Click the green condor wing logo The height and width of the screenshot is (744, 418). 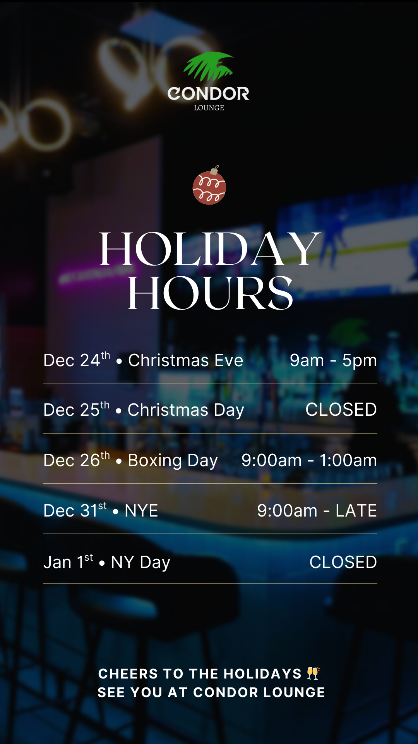click(x=208, y=66)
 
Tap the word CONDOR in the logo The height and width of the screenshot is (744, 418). click(x=208, y=94)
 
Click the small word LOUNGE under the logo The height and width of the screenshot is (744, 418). click(x=209, y=108)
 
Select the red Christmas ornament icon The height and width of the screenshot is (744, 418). click(x=209, y=188)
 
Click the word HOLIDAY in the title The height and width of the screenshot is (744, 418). click(x=209, y=249)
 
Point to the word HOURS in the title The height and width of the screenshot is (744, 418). click(x=210, y=293)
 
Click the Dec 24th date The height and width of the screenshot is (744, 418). click(x=76, y=360)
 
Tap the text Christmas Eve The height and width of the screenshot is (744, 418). click(x=185, y=360)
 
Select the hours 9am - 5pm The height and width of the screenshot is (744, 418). click(x=333, y=360)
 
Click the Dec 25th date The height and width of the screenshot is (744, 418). click(x=76, y=410)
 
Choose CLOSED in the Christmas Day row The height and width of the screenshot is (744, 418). click(x=341, y=410)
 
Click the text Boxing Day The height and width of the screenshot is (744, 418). click(x=173, y=460)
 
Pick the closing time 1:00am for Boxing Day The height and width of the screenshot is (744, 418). click(x=348, y=460)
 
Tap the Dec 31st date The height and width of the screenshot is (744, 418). click(x=75, y=510)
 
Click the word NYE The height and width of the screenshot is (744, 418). click(x=141, y=511)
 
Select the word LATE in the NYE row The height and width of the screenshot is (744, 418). click(x=356, y=511)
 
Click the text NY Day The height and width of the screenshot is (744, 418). click(x=140, y=562)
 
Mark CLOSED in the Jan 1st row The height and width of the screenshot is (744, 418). click(x=343, y=562)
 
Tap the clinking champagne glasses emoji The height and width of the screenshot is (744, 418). click(x=313, y=673)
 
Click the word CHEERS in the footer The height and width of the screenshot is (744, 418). click(x=128, y=674)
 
